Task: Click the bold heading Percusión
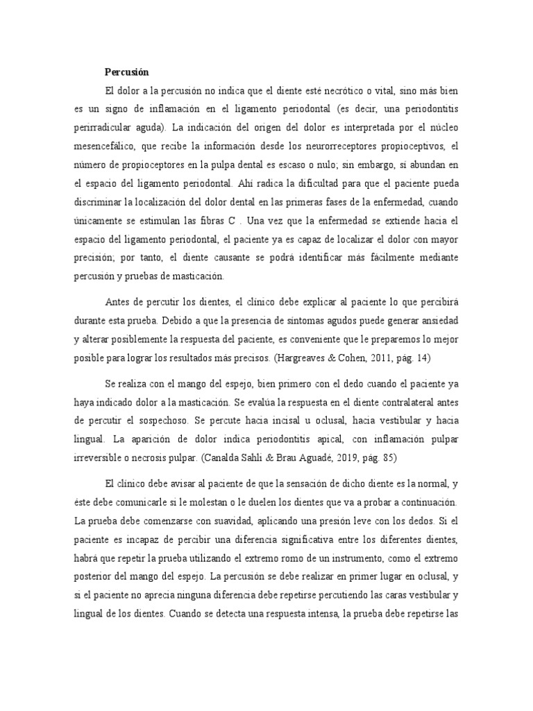126,72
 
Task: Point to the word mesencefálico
105,147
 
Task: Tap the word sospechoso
197,421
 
